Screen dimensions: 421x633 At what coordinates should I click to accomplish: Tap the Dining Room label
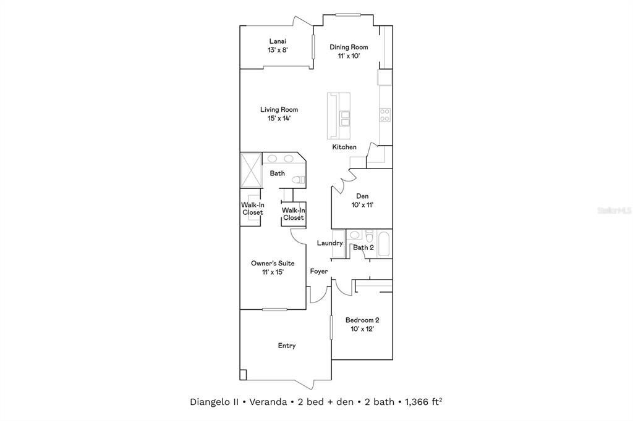349,47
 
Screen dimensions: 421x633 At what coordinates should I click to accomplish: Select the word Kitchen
344,147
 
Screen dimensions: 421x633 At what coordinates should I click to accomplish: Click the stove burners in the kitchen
384,114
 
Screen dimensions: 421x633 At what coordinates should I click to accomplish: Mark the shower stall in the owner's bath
251,169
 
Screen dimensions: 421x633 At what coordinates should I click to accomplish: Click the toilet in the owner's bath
299,180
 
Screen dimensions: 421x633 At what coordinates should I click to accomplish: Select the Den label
362,196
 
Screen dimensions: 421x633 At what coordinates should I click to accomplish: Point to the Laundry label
329,243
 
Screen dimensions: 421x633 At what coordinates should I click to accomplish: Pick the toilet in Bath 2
368,236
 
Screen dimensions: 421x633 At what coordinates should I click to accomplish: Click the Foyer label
319,272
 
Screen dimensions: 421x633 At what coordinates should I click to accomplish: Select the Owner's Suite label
268,264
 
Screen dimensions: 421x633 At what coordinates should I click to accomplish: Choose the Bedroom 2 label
362,320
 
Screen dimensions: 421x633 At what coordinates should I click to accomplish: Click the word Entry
286,346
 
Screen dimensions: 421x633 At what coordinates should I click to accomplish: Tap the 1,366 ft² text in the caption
423,402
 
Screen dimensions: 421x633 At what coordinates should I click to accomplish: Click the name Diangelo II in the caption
215,402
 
